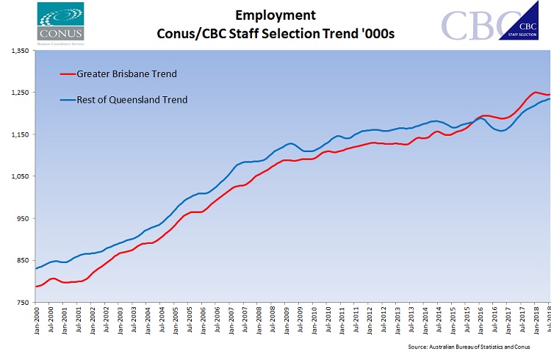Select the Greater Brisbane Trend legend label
point(128,73)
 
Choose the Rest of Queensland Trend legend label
point(132,99)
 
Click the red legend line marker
point(67,73)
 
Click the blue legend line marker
point(67,99)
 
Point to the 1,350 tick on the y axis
point(18,51)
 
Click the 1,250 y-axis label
point(18,93)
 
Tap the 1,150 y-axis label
point(18,134)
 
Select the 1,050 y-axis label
point(18,176)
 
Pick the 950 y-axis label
point(21,218)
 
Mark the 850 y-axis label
point(21,260)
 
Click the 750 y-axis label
point(21,302)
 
